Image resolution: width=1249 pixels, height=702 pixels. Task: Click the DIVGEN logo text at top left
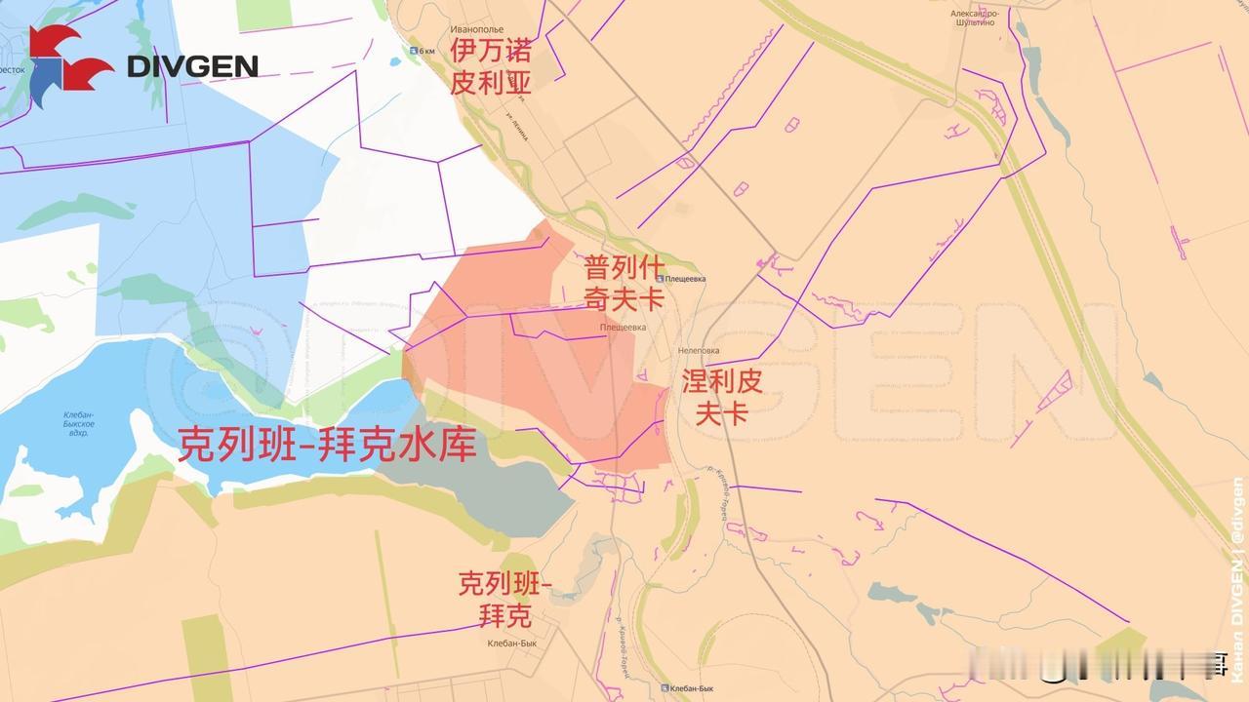point(192,66)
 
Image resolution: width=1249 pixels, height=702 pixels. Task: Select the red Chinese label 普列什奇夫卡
point(624,282)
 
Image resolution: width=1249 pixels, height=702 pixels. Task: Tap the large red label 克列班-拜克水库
point(327,445)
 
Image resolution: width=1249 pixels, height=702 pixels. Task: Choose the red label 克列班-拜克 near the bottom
point(505,600)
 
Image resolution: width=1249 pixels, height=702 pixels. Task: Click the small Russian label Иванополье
point(475,30)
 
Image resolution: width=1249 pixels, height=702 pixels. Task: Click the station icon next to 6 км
point(415,52)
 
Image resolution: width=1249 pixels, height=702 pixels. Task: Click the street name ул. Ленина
point(517,127)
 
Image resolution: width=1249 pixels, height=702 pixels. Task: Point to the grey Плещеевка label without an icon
point(623,328)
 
